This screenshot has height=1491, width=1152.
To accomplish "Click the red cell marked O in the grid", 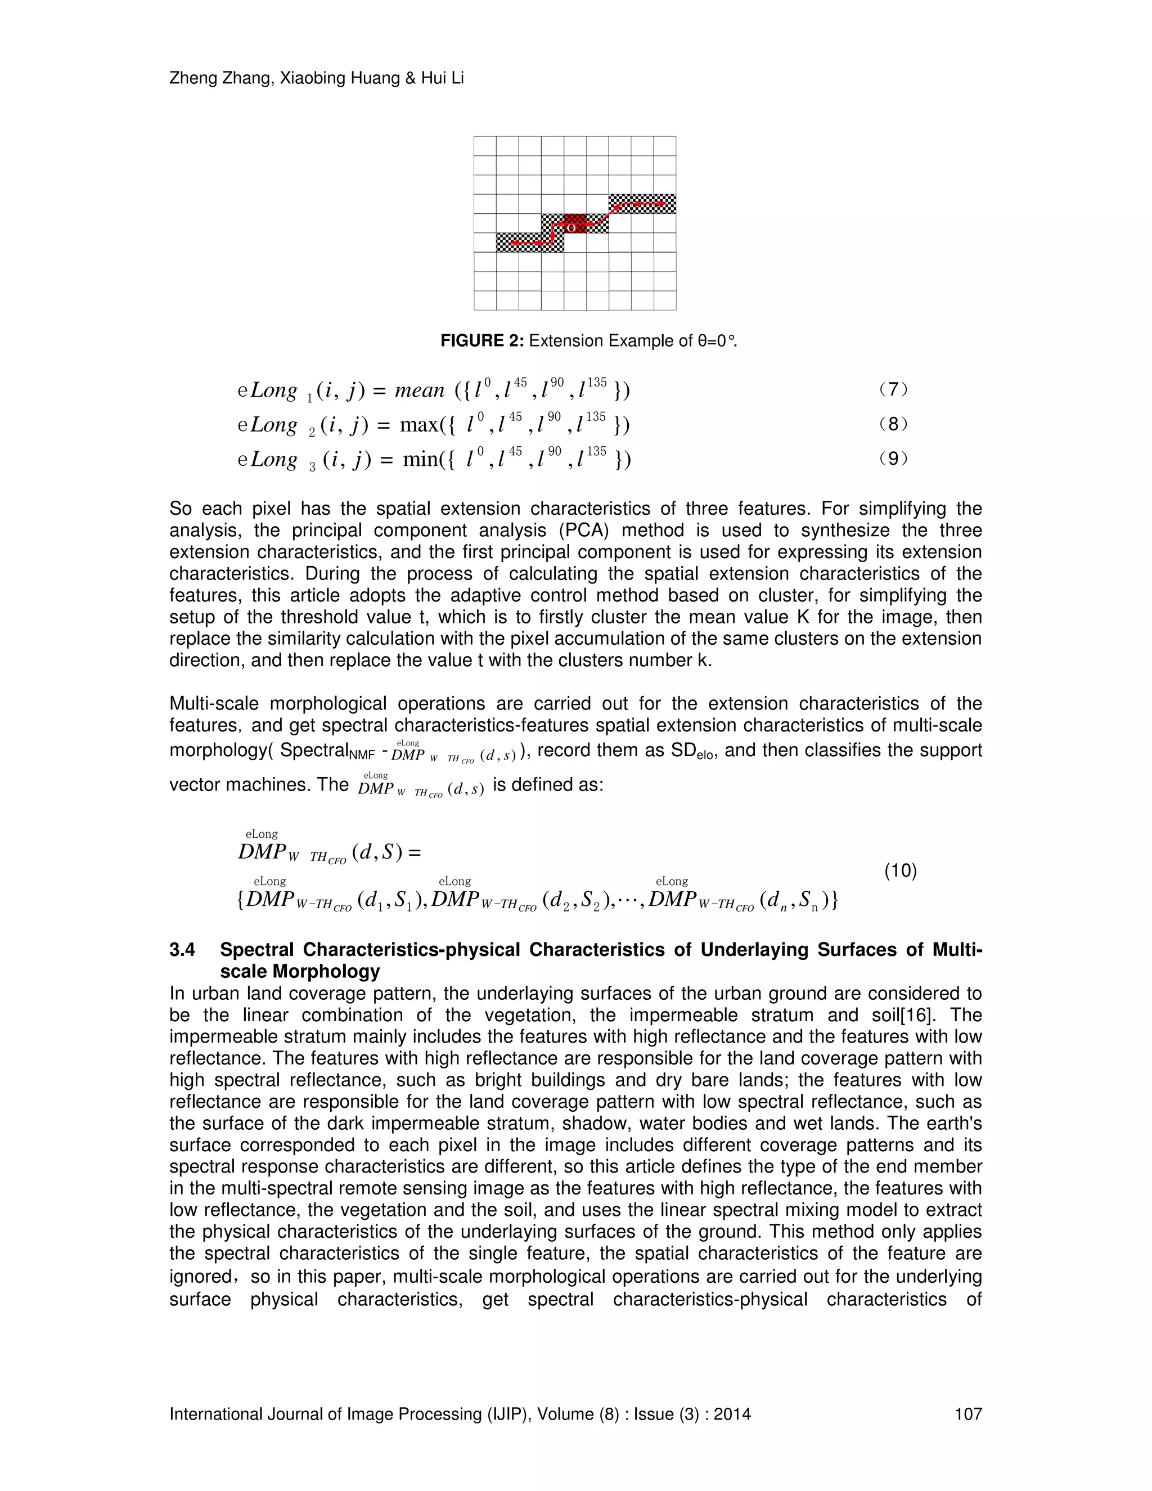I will click(x=575, y=224).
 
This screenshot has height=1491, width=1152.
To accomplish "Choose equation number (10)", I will click(x=900, y=870).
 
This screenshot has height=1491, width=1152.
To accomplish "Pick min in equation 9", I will click(x=419, y=460).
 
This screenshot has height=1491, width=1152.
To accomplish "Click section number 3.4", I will click(x=182, y=950).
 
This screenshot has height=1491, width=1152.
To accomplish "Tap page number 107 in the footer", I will click(x=967, y=1414).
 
